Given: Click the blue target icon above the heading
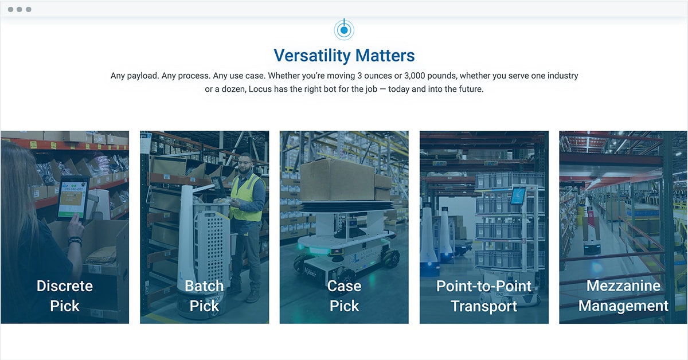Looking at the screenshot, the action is [344, 30].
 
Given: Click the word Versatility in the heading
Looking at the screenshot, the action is [312, 56].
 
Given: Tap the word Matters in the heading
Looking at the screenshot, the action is [385, 56].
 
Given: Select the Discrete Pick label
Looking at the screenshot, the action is [65, 296].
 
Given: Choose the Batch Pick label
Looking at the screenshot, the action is [204, 296].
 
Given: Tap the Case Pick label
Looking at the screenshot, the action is [345, 296].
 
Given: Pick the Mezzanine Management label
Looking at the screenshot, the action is [623, 295].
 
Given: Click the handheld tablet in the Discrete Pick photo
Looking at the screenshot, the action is [72, 198].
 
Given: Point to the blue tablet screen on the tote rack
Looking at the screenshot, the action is [518, 195].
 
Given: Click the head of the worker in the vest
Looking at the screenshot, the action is [245, 163].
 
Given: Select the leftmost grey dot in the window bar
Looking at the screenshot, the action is [10, 9].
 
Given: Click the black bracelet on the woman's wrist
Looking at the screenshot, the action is [75, 241].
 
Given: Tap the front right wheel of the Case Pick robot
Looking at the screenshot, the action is [390, 258].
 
